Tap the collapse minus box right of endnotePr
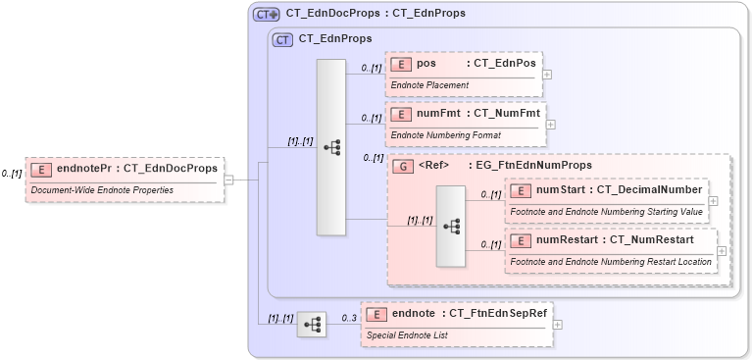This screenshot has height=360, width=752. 228,180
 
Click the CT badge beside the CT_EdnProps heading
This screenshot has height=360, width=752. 282,40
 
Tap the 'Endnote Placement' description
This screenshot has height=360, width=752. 429,85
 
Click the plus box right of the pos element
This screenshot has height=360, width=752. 547,75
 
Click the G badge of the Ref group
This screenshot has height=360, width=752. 401,166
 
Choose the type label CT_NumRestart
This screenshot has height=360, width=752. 652,239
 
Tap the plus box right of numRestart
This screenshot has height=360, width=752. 722,251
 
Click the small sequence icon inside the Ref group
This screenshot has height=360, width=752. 451,226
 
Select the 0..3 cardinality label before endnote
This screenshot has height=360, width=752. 348,317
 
